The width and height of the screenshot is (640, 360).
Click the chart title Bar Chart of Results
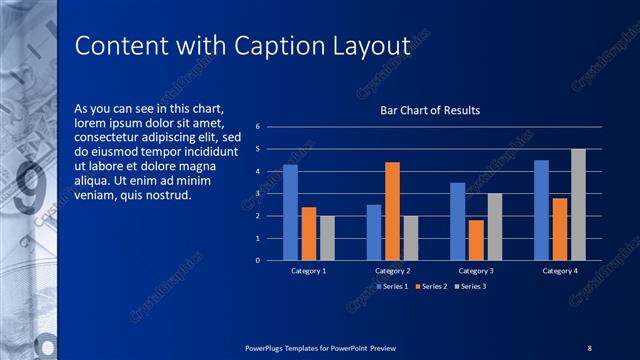click(430, 110)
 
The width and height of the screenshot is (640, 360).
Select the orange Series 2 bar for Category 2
click(392, 211)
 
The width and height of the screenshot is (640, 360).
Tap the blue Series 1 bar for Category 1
click(290, 212)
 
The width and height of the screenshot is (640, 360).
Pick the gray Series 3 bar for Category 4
click(578, 204)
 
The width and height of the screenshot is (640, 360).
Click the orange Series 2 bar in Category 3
click(476, 240)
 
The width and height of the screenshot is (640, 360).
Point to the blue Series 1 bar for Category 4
click(541, 210)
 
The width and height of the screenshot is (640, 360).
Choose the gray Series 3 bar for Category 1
click(327, 238)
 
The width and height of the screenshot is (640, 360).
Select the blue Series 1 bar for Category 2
click(374, 232)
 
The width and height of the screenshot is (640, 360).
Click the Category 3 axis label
click(476, 271)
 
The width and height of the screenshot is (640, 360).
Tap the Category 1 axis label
click(308, 271)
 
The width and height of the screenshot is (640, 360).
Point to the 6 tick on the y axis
click(258, 127)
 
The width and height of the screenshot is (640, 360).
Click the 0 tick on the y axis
click(258, 260)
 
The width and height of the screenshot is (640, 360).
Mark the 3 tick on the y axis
click(258, 194)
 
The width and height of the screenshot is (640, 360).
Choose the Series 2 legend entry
click(430, 286)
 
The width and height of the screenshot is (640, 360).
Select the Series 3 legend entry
click(471, 286)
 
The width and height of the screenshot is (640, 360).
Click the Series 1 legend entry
click(390, 286)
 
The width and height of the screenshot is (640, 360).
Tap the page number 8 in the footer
click(590, 347)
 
